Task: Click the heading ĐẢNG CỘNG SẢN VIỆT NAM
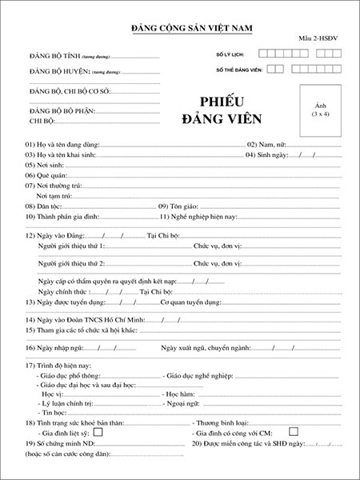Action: [x=191, y=29]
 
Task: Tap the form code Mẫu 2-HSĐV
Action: [x=319, y=38]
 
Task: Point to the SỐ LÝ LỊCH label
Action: [x=230, y=54]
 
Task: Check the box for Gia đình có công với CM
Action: [x=294, y=432]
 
